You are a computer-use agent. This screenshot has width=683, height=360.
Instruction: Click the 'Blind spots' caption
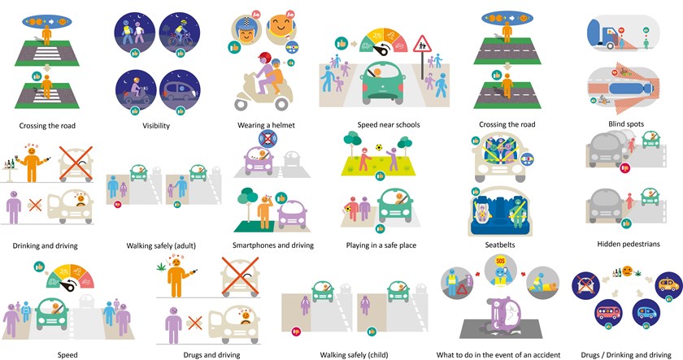tap(626, 124)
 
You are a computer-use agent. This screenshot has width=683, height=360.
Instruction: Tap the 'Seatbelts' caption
tap(500, 245)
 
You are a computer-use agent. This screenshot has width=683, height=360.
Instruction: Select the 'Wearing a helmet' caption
tap(266, 125)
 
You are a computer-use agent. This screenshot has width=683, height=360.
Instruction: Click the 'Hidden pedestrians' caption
tap(629, 245)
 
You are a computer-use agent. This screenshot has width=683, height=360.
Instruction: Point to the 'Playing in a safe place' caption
tap(381, 245)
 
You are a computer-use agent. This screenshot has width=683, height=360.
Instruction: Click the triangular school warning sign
tap(422, 44)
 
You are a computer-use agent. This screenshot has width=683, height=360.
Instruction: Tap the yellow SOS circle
tap(501, 261)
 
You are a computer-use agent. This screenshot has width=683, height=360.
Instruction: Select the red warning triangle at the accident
tap(462, 289)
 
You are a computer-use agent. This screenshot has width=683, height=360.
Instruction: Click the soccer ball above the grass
tap(379, 148)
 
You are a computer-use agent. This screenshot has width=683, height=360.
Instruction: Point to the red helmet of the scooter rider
tap(264, 58)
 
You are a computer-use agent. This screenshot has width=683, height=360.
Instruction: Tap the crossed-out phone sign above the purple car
tap(268, 139)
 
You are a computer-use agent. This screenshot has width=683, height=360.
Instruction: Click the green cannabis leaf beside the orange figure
tap(162, 267)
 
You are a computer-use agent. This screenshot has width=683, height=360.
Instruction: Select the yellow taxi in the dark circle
tap(668, 285)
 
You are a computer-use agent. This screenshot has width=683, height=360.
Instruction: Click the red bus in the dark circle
tap(608, 313)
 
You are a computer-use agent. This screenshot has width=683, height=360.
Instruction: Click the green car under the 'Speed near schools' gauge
tap(383, 83)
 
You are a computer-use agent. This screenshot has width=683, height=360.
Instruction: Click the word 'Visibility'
tap(156, 126)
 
